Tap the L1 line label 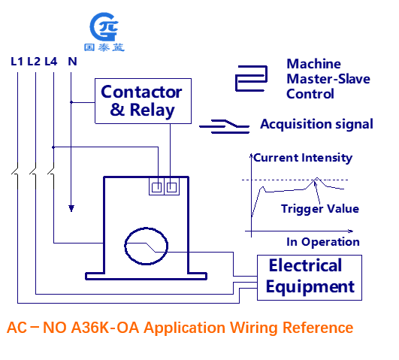[17, 62]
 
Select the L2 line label [34, 62]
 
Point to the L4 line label [51, 62]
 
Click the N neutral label [73, 62]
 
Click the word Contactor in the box [141, 92]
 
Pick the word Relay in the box [153, 110]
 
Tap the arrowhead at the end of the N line [71, 208]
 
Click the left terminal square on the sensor [156, 188]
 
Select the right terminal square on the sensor [171, 188]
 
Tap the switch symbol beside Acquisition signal [225, 126]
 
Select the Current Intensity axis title [303, 158]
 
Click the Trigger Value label [320, 209]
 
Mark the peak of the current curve [317, 177]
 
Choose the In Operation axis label [323, 242]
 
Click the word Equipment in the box [310, 287]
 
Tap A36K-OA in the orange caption [105, 328]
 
